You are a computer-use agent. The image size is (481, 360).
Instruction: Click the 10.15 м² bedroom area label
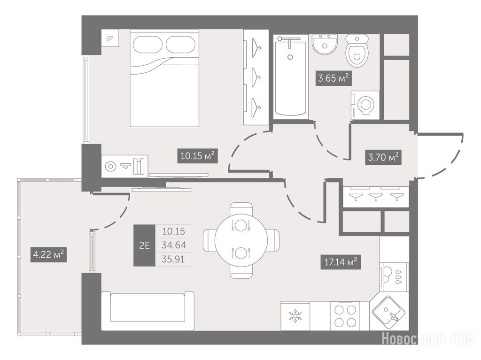point(197,156)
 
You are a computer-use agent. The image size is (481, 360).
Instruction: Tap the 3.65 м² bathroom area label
point(334,78)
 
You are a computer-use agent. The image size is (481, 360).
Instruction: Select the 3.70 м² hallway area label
point(383,158)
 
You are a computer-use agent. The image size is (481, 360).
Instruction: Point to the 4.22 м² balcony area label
point(48,254)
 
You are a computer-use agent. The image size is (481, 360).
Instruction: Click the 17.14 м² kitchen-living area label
point(341,262)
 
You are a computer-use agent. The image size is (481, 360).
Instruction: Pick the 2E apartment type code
point(144,245)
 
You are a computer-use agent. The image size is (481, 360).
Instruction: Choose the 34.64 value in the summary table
point(173,245)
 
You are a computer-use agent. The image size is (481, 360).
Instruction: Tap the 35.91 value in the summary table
point(173,260)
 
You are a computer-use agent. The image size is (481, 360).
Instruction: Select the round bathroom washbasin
point(325,44)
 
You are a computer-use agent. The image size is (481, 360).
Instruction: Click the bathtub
point(290,77)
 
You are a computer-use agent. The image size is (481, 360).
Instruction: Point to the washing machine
point(365,105)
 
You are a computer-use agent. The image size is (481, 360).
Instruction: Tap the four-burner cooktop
point(345,316)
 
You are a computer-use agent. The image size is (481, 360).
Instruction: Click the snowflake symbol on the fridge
point(295,316)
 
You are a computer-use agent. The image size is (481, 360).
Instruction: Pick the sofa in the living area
point(147,311)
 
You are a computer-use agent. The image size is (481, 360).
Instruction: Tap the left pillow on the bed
point(147,45)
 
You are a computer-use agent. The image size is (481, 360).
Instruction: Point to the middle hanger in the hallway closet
point(376,196)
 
